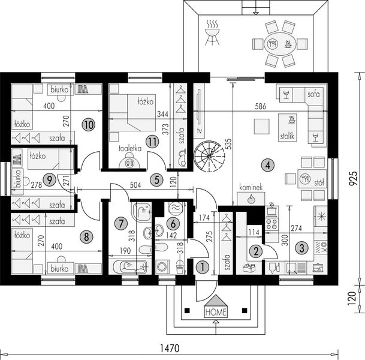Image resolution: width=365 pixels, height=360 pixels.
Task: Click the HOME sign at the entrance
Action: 216,307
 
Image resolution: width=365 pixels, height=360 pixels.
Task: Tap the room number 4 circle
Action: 268,165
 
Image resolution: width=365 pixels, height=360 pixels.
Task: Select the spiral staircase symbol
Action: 209,155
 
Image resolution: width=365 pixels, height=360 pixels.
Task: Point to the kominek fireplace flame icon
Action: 251,199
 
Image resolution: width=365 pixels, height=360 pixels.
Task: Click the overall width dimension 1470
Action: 170,349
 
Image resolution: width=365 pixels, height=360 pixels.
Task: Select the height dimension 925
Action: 353,178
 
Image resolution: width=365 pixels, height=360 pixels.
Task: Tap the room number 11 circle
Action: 152,142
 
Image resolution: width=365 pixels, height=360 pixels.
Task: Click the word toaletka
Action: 130,148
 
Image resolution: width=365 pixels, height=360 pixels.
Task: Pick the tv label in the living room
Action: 200,131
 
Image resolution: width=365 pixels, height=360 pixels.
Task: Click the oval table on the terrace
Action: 280,44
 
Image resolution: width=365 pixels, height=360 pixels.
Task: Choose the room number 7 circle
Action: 121,223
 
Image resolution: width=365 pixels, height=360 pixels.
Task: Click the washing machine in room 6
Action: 162,266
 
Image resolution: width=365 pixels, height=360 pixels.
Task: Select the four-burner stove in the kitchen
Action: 272,224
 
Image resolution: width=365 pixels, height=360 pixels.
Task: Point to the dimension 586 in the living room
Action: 260,106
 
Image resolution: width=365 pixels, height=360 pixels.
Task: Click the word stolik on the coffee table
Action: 287,136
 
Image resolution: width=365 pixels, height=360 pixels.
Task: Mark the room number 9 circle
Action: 49,179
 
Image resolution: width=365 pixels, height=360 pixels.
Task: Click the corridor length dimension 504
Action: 135,185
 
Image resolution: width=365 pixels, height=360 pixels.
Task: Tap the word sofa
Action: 313,94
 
